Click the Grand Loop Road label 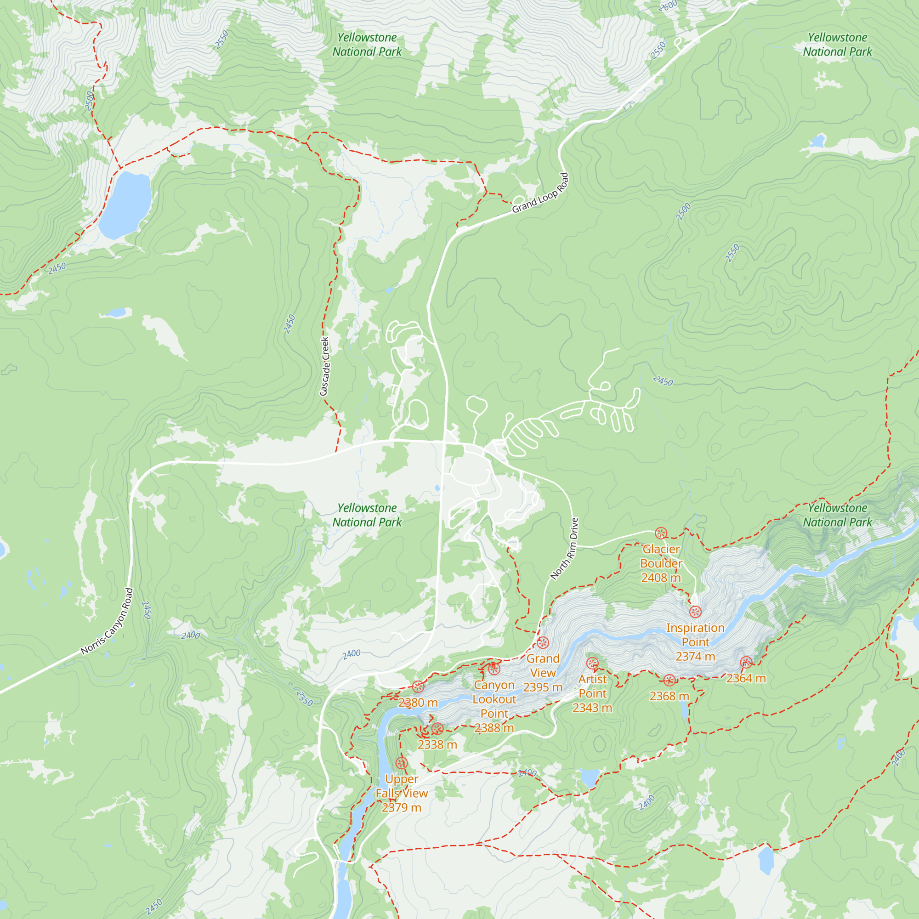[540, 193]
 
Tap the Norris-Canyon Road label [107, 621]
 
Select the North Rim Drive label [565, 549]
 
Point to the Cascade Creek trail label [325, 366]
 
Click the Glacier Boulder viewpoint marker [661, 533]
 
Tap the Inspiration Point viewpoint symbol [695, 612]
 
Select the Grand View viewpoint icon [543, 643]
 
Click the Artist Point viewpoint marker [592, 663]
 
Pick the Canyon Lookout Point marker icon [494, 669]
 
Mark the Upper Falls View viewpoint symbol [402, 763]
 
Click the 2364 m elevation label [746, 678]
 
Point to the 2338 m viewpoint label [437, 745]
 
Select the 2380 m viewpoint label [418, 703]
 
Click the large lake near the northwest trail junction [125, 204]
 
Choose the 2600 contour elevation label [668, 6]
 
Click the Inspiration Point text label [695, 635]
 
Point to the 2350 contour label [305, 698]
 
